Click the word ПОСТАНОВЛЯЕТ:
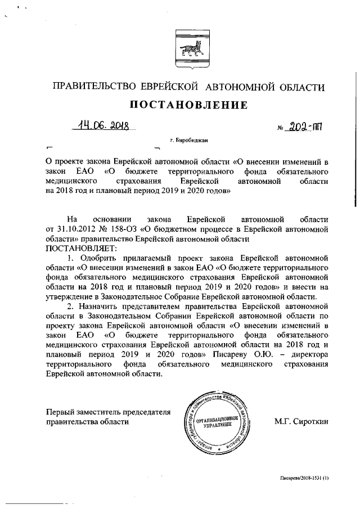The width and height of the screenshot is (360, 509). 75,248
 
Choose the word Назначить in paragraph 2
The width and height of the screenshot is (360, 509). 98,307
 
